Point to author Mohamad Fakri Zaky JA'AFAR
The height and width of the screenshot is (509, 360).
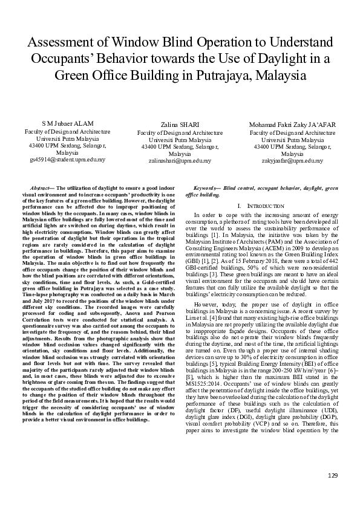[x=292, y=125]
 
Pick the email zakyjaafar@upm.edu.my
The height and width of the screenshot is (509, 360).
[x=292, y=161]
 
